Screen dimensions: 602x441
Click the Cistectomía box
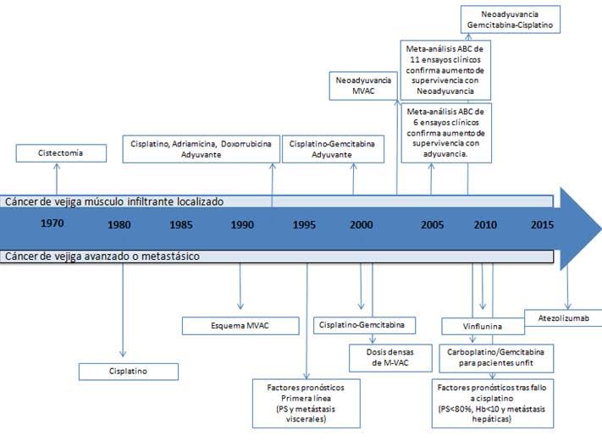click(x=61, y=153)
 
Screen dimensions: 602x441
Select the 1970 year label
click(x=52, y=223)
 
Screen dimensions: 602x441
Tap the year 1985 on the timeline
click(x=181, y=224)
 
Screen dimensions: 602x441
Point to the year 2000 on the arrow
click(x=362, y=224)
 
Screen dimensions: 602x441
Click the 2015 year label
click(x=542, y=224)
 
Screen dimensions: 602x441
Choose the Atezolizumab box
click(x=563, y=317)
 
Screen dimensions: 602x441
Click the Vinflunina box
click(x=483, y=327)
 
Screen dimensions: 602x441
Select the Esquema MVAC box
click(x=240, y=326)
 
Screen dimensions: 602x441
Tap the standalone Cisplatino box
click(x=129, y=372)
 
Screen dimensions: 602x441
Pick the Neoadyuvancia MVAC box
click(x=363, y=85)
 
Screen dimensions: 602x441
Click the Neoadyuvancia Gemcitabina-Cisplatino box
click(x=511, y=19)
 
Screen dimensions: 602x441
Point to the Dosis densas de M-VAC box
click(x=390, y=358)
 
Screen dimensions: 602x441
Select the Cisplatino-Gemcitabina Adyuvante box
click(x=333, y=149)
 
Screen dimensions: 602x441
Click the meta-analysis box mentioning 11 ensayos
click(x=445, y=70)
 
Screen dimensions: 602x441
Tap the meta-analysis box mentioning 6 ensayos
click(x=446, y=133)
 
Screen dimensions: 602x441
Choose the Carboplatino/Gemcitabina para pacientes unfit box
click(x=496, y=358)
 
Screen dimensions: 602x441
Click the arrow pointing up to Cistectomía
click(x=57, y=179)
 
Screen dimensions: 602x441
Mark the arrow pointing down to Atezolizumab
click(x=567, y=286)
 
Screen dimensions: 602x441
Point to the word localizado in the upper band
click(x=200, y=201)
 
